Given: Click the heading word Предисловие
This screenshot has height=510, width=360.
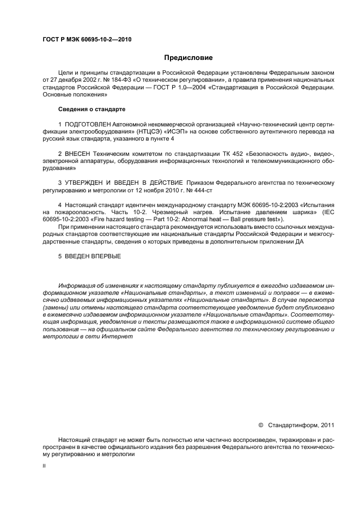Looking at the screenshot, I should [x=189, y=57].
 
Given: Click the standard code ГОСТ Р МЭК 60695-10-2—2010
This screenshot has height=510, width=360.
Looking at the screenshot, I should [x=87, y=39].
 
